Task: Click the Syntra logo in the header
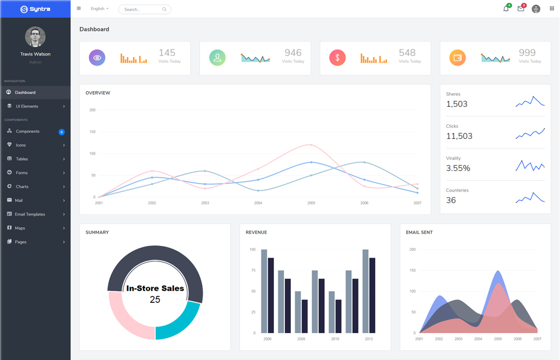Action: coord(35,9)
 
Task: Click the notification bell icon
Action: coord(506,9)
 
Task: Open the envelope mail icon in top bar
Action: coord(521,9)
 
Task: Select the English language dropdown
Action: coord(100,9)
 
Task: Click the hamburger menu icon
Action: coord(79,9)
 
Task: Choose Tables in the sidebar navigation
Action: coord(22,159)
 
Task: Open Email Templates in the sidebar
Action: coord(30,214)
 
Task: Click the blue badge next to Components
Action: coord(62,132)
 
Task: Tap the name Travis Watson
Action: coord(35,54)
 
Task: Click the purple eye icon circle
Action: coord(97,58)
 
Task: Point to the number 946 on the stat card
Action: coord(293,53)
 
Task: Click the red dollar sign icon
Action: coord(337,58)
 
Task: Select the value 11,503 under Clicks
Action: coord(459,136)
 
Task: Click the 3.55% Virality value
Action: coord(458,168)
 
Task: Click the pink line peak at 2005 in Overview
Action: coord(311,145)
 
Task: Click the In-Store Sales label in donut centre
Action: coord(155,288)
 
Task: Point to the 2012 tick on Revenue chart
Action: coord(368,339)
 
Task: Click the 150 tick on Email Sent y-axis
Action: coord(413,270)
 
